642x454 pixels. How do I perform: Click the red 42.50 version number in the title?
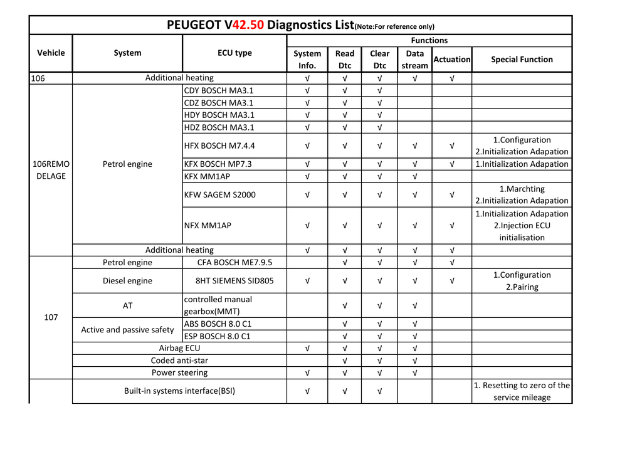248,25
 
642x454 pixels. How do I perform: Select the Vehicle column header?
51,53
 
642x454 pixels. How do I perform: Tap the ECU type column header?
234,53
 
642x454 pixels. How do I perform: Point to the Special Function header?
522,60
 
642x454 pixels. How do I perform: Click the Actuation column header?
451,60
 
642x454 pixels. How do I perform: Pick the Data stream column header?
414,60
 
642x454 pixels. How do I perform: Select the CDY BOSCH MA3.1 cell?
219,90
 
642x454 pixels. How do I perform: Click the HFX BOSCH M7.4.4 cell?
219,145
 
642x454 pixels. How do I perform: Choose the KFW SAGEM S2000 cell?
220,194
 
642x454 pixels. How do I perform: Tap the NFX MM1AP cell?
208,225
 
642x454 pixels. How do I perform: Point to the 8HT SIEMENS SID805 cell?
234,281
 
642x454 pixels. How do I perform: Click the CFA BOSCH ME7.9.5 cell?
234,262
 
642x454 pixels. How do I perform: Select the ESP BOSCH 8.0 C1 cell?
217,336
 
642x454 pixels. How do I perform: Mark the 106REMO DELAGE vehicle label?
51,170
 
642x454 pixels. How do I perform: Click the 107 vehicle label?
51,317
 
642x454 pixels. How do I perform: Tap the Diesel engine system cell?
127,281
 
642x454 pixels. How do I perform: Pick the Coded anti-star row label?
179,361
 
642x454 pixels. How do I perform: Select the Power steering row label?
179,372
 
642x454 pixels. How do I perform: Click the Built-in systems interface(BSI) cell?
179,391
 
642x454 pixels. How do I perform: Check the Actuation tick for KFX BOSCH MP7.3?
451,164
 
